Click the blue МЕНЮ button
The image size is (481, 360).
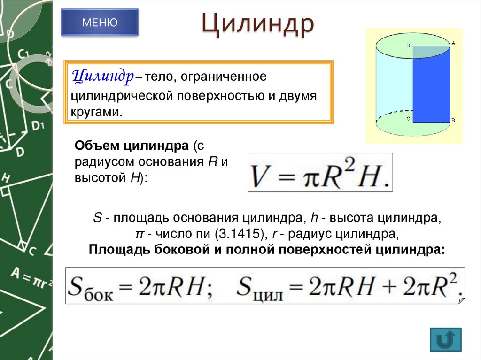(x=100, y=22)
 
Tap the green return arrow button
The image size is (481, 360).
(x=445, y=339)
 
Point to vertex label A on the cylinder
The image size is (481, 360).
(x=453, y=43)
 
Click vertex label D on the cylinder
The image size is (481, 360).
(x=408, y=46)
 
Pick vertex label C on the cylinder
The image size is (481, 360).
(x=408, y=119)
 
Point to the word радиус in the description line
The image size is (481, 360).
(x=306, y=234)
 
